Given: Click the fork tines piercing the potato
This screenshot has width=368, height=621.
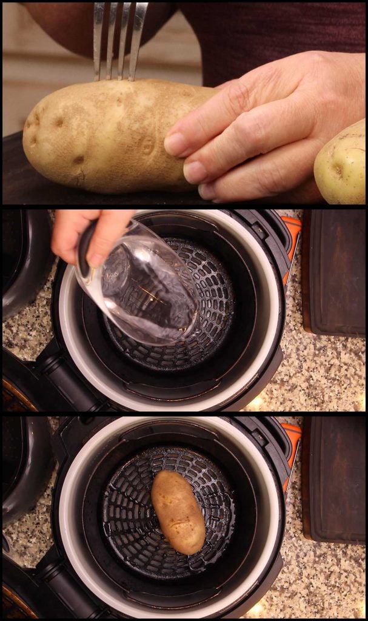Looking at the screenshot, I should pos(120,42).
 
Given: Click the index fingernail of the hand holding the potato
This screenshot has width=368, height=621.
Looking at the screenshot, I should pos(176,144).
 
